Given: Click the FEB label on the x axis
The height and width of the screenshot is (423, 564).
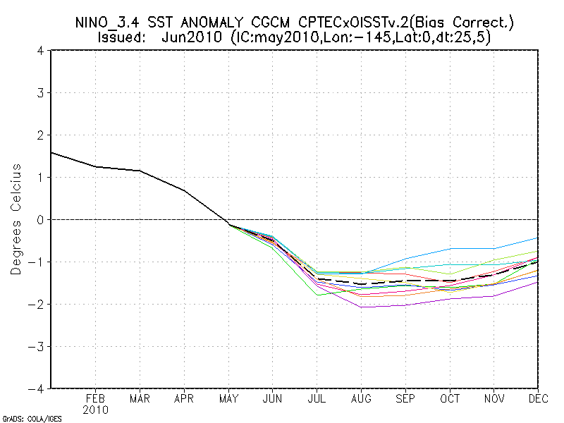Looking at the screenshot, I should (x=95, y=398).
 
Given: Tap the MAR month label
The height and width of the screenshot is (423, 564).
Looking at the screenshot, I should (x=140, y=398).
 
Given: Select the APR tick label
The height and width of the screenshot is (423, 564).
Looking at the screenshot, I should (x=183, y=398).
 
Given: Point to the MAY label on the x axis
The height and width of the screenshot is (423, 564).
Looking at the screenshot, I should (x=228, y=398).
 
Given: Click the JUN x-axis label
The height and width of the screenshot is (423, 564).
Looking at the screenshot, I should (x=272, y=398).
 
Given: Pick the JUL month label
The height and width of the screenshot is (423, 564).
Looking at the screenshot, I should (x=317, y=398).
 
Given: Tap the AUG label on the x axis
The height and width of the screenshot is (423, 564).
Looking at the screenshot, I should (x=361, y=398).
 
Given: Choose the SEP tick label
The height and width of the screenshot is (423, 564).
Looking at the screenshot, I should (x=405, y=398).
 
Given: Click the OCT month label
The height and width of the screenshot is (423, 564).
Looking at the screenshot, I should (x=450, y=398).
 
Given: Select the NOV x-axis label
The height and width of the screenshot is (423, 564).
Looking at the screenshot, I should (x=494, y=398).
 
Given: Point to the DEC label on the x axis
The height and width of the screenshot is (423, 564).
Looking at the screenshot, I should (x=537, y=398).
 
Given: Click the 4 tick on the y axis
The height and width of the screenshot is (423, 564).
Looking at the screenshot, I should (x=41, y=51).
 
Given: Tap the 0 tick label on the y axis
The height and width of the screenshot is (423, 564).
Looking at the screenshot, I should (x=41, y=220).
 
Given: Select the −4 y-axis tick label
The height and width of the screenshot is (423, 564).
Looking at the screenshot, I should (x=37, y=388).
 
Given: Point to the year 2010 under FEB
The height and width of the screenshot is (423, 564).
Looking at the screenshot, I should (x=95, y=410).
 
